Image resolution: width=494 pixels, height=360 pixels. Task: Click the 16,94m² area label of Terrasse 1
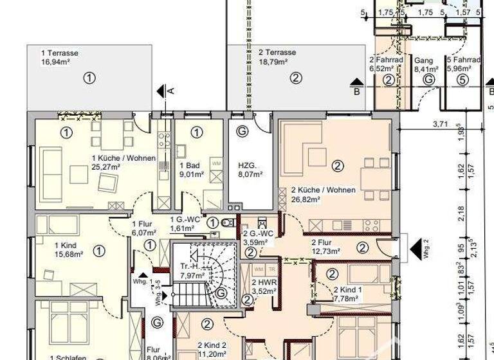pyautogui.click(x=55, y=63)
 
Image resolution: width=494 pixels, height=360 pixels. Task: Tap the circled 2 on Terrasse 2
pyautogui.click(x=295, y=78)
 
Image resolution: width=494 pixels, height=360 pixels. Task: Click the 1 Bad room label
pyautogui.click(x=189, y=165)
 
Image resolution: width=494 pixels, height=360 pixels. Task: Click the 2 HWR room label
pyautogui.click(x=264, y=282)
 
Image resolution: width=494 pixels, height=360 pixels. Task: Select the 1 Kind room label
pyautogui.click(x=65, y=245)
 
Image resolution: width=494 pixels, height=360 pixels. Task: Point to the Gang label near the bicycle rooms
pyautogui.click(x=423, y=60)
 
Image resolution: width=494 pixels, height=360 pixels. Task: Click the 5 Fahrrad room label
pyautogui.click(x=461, y=60)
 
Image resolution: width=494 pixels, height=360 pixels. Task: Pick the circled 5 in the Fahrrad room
pyautogui.click(x=461, y=80)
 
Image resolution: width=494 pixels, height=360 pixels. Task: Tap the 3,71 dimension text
pyautogui.click(x=440, y=123)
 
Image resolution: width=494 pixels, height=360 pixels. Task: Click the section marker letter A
pyautogui.click(x=171, y=91)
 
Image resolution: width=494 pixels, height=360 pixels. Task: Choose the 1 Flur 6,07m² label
pyautogui.click(x=141, y=228)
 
